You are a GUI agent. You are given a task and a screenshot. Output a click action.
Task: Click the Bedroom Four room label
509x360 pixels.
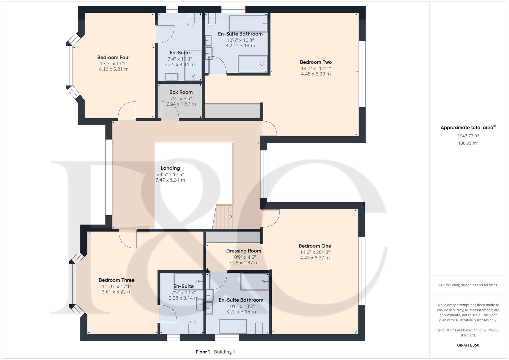click(113, 57)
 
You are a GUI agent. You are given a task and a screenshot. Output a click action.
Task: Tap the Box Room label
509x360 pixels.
click(181, 92)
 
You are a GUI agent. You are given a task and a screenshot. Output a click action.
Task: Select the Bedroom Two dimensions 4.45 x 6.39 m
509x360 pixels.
click(316, 74)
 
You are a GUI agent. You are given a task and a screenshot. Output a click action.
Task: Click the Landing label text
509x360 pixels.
click(170, 168)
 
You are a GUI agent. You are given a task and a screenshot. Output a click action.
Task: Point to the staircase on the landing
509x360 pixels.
click(223, 217)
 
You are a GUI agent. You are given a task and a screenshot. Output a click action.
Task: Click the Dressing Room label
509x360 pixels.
click(243, 251)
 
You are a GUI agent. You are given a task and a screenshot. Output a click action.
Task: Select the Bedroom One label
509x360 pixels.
click(315, 246)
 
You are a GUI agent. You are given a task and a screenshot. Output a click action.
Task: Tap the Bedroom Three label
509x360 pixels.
click(116, 280)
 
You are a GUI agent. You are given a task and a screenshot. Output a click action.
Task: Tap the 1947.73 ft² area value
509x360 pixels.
click(468, 136)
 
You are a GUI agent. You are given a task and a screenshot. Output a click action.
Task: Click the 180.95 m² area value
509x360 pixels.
click(468, 143)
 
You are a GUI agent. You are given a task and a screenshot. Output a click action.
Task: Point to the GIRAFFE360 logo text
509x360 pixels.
click(468, 345)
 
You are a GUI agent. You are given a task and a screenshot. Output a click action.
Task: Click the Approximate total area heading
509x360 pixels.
click(467, 128)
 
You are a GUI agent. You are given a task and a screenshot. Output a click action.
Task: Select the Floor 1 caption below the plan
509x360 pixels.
click(203, 352)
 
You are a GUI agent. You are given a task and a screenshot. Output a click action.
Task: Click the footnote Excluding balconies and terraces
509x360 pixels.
click(468, 285)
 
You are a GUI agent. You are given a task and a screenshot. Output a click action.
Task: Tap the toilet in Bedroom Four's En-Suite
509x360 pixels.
click(191, 20)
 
